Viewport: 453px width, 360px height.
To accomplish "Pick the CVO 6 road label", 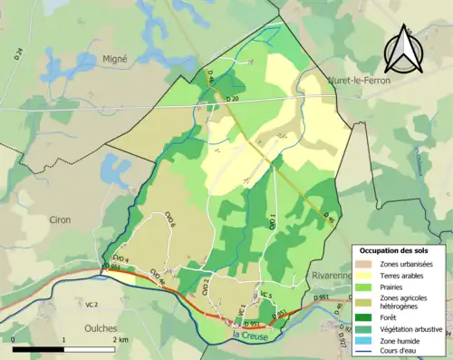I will point(169,219).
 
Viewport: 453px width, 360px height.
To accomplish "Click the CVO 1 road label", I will point(272,219).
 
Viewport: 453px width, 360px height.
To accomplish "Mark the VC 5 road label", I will point(265,295).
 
